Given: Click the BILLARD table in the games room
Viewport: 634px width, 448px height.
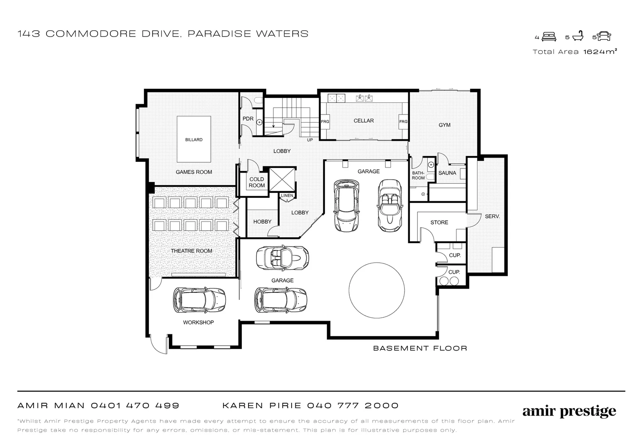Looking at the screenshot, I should click(x=194, y=139).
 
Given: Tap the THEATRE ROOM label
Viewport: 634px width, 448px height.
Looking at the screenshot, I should click(x=191, y=251).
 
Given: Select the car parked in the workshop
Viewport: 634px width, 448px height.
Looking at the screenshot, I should click(x=199, y=299).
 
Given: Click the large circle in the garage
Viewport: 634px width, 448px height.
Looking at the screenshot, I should click(x=376, y=290).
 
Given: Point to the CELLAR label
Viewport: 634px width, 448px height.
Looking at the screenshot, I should click(x=363, y=121).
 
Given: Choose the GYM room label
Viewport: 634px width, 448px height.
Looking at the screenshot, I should click(x=444, y=125).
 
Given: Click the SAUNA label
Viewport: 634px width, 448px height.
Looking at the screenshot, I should click(x=447, y=173).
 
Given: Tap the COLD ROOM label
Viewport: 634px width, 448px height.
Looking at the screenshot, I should click(x=256, y=183).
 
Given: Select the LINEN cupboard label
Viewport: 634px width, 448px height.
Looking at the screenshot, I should click(x=287, y=196).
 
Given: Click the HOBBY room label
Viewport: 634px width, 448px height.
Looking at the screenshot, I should click(x=262, y=222).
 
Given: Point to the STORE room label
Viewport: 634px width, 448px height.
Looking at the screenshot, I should click(x=439, y=223).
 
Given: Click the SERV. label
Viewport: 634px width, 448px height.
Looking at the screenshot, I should click(x=492, y=217).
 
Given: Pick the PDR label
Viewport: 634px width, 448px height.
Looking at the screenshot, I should click(x=248, y=119).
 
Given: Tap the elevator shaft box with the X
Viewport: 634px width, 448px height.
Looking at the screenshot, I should click(x=281, y=180).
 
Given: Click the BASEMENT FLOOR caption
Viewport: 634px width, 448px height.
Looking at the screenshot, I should click(x=420, y=348).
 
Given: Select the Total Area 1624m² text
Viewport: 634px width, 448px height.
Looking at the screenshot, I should click(x=575, y=52).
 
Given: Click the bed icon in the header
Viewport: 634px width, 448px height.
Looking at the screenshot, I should click(x=549, y=37).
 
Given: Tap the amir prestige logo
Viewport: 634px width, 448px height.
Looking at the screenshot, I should click(x=569, y=411).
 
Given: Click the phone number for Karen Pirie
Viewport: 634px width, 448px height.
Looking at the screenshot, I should click(x=353, y=406).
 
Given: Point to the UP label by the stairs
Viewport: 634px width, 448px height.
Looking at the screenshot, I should click(x=310, y=140).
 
